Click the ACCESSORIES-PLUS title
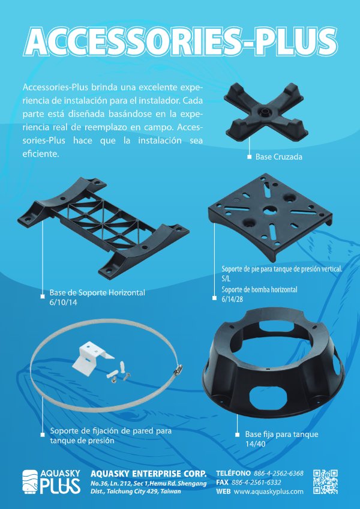pyautogui.click(x=181, y=42)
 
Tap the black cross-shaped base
pyautogui.click(x=266, y=112)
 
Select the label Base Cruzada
pyautogui.click(x=279, y=157)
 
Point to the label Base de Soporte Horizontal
pyautogui.click(x=97, y=293)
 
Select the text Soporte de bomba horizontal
pyautogui.click(x=259, y=289)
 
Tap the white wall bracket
pyautogui.click(x=92, y=358)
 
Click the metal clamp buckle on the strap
pyautogui.click(x=178, y=369)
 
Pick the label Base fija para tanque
pyautogui.click(x=282, y=435)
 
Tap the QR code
pyautogui.click(x=325, y=482)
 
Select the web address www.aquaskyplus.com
pyautogui.click(x=268, y=492)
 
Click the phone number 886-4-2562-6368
pyautogui.click(x=278, y=474)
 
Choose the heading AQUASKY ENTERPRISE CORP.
pyautogui.click(x=148, y=474)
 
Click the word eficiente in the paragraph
pyautogui.click(x=41, y=154)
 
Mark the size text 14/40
pyautogui.click(x=255, y=444)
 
